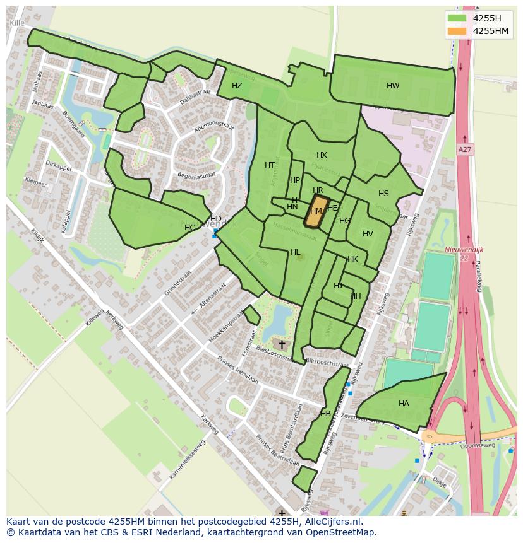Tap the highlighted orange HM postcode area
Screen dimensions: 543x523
(317, 211)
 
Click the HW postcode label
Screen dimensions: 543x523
(393, 86)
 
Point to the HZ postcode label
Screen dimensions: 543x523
(237, 86)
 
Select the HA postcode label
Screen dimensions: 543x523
(404, 404)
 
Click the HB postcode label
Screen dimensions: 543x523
(325, 414)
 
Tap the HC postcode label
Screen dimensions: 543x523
(189, 227)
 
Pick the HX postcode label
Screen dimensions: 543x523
(322, 155)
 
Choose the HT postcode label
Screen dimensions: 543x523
(270, 165)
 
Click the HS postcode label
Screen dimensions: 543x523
(383, 194)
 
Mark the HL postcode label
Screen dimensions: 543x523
(295, 252)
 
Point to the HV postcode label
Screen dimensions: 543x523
(368, 234)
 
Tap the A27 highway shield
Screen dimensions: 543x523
(465, 149)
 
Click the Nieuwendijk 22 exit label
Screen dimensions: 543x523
(464, 254)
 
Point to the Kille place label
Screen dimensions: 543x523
(17, 23)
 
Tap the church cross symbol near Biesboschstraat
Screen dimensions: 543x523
(282, 344)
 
